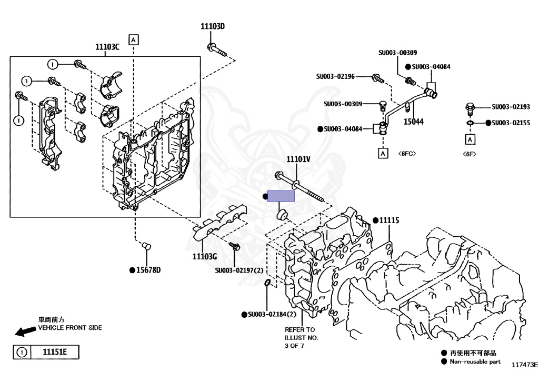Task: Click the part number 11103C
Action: click(x=107, y=47)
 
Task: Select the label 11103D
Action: click(x=212, y=26)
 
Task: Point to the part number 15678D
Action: click(x=148, y=270)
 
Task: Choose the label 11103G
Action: click(x=204, y=256)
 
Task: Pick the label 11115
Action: click(x=389, y=220)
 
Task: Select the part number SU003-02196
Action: click(x=335, y=77)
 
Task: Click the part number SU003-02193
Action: click(x=511, y=107)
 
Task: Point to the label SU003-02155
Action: click(x=511, y=123)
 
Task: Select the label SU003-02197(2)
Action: click(x=238, y=270)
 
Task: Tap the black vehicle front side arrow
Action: click(x=24, y=331)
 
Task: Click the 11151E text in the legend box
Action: click(x=51, y=352)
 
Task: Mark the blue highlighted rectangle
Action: click(x=281, y=196)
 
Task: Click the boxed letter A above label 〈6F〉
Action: click(x=469, y=139)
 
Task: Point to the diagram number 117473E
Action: click(x=524, y=364)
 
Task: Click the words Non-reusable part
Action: click(x=475, y=361)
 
